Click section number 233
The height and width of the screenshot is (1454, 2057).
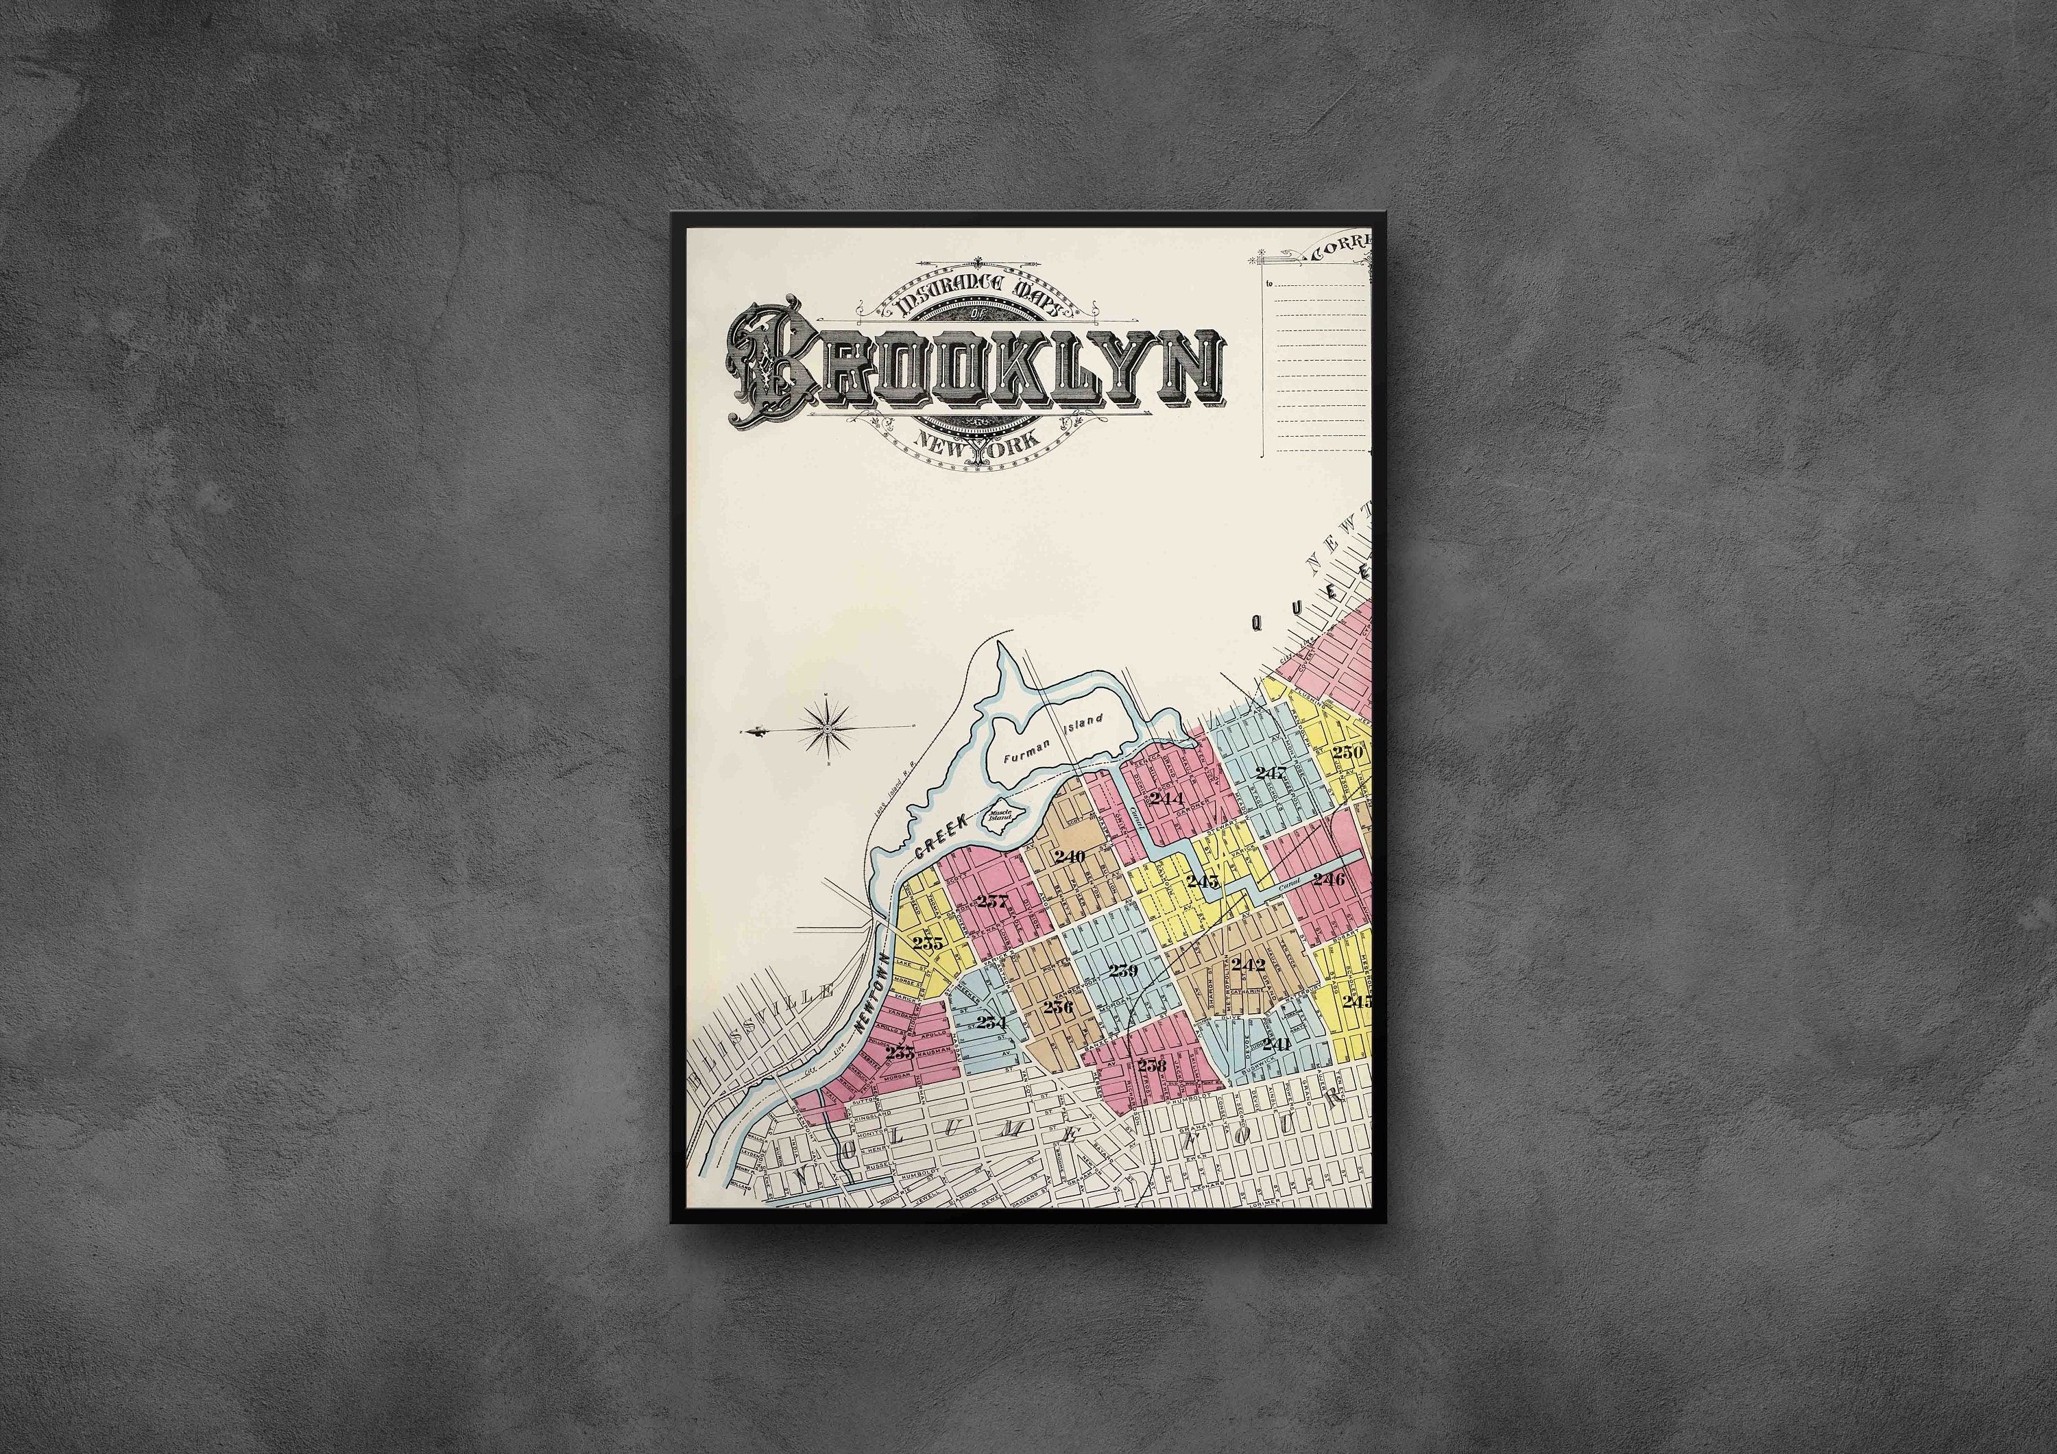[900, 1054]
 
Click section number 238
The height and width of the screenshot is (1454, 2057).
[1151, 1065]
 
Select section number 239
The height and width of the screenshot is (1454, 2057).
[1122, 970]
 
